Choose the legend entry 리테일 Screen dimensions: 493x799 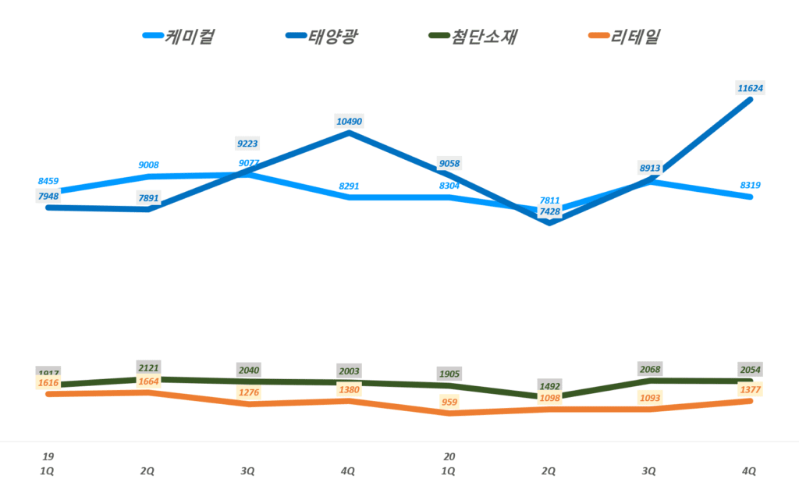(624, 36)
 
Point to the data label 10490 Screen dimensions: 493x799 (349, 121)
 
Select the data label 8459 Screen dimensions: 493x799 (48, 181)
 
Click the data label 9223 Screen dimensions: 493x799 (248, 143)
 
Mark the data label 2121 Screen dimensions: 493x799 (147, 367)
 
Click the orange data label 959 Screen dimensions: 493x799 (449, 403)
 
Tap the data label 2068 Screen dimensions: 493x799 (649, 368)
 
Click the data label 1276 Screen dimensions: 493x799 (248, 392)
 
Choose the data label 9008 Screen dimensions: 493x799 (147, 165)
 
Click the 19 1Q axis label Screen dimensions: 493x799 (48, 463)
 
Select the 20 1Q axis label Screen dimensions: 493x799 (449, 463)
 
